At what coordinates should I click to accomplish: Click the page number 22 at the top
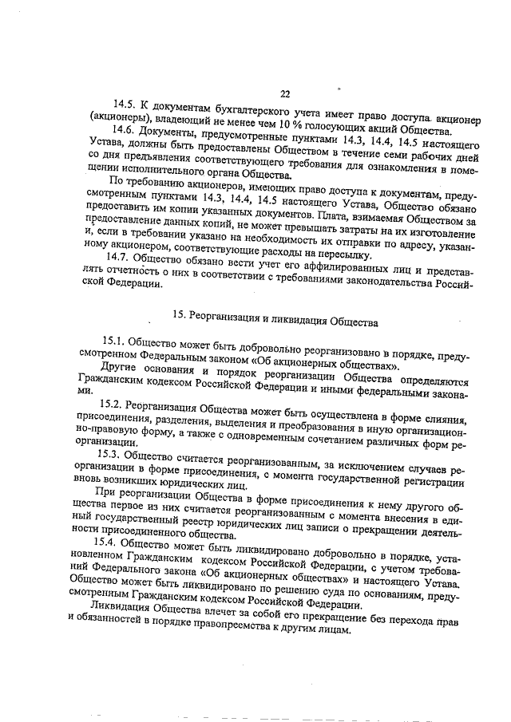tap(285, 93)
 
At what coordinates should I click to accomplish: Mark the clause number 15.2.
tap(111, 406)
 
